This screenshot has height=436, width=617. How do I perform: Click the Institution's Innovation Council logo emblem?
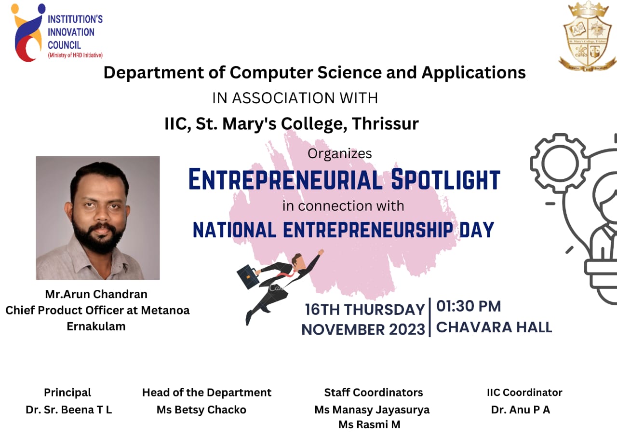click(x=27, y=32)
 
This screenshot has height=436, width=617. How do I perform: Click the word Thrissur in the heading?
click(x=385, y=124)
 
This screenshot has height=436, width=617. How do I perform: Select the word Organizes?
click(x=340, y=154)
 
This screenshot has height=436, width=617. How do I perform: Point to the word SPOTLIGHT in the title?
click(x=445, y=179)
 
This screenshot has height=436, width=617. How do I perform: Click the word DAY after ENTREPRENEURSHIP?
click(x=477, y=230)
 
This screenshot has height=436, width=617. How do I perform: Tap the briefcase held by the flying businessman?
click(x=248, y=276)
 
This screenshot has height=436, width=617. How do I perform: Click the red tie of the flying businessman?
click(x=287, y=274)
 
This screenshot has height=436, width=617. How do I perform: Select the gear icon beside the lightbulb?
click(x=560, y=163)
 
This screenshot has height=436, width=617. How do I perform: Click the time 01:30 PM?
click(x=469, y=306)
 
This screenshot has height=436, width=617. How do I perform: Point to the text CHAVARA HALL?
click(x=494, y=327)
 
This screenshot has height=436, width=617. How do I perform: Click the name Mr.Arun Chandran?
click(x=96, y=294)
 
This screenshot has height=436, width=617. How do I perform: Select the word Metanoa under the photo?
click(x=165, y=310)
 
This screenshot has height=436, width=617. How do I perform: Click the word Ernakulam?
click(x=96, y=327)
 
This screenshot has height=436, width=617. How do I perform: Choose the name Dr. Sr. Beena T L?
click(x=68, y=410)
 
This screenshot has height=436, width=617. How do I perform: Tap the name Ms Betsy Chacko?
click(x=201, y=410)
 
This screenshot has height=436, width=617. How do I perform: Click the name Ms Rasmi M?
click(x=369, y=424)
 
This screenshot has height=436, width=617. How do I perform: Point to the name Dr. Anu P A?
click(x=521, y=410)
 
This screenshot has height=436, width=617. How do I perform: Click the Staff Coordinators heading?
click(x=374, y=393)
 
